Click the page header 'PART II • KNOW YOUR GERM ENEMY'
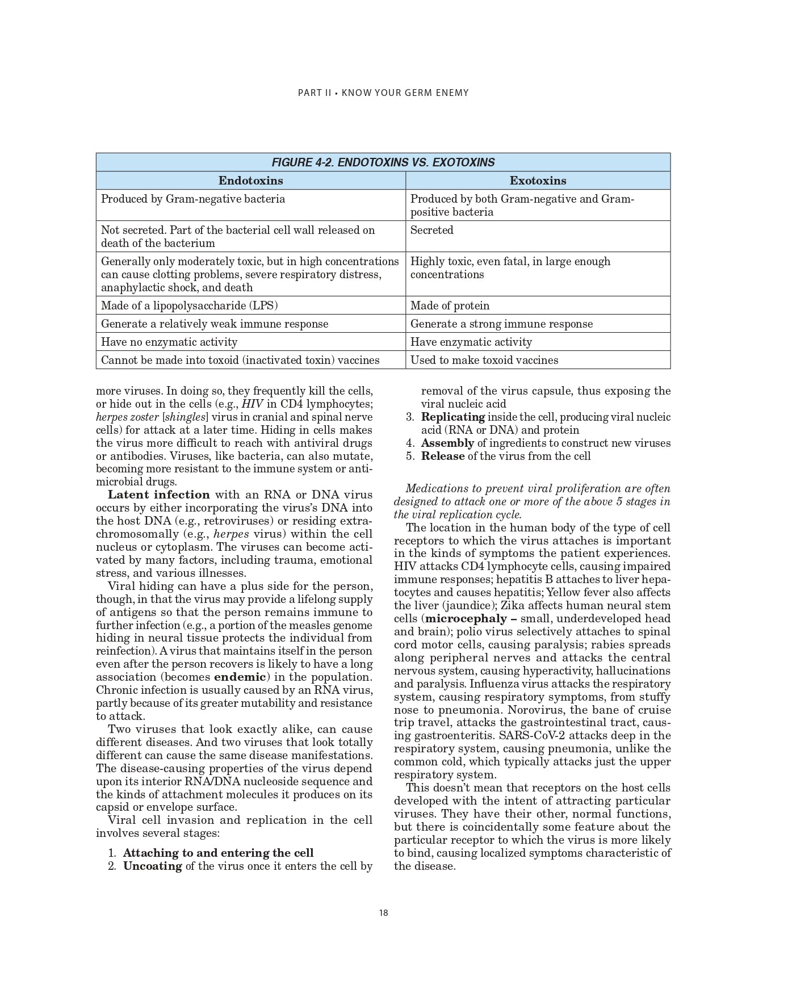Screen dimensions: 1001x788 pyautogui.click(x=383, y=93)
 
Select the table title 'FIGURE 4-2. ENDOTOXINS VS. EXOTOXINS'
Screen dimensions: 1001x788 pyautogui.click(x=383, y=162)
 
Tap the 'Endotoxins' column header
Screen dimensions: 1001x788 pyautogui.click(x=250, y=181)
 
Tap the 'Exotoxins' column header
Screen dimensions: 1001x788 pyautogui.click(x=538, y=181)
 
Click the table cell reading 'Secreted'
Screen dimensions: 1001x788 pyautogui.click(x=431, y=230)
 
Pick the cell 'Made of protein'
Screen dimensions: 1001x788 pyautogui.click(x=450, y=305)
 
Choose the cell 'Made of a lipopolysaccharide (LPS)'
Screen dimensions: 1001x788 pyautogui.click(x=189, y=305)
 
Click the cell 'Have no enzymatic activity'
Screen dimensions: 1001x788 pyautogui.click(x=169, y=342)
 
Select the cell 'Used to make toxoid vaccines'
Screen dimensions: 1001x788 pyautogui.click(x=484, y=360)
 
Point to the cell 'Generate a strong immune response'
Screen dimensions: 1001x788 pyautogui.click(x=501, y=324)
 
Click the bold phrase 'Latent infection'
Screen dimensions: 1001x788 pyautogui.click(x=158, y=495)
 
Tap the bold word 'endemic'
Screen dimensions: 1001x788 pyautogui.click(x=240, y=677)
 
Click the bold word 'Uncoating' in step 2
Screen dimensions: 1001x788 pyautogui.click(x=152, y=866)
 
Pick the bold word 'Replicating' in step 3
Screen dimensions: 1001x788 pyautogui.click(x=452, y=417)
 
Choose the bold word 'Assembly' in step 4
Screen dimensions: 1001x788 pyautogui.click(x=447, y=443)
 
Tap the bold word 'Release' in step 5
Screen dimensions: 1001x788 pyautogui.click(x=442, y=456)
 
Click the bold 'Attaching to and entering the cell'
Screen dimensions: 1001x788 pyautogui.click(x=218, y=853)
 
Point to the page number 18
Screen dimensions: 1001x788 pyautogui.click(x=383, y=913)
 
